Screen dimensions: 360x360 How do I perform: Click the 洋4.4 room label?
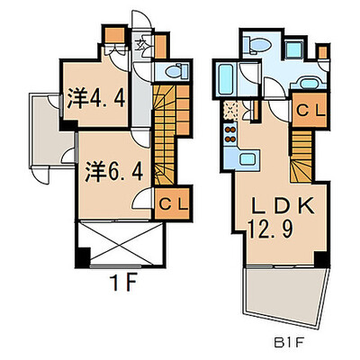point(96,98)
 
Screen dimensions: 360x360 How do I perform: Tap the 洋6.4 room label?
point(113,172)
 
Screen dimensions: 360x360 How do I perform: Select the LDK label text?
point(283,205)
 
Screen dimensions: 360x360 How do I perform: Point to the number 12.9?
point(270,229)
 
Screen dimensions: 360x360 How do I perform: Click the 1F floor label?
point(123,283)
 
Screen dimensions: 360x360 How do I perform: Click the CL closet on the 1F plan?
point(173,204)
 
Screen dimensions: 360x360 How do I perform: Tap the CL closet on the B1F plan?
point(310,110)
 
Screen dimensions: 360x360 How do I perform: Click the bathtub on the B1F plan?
point(225,79)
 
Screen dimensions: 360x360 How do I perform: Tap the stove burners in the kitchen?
point(230,134)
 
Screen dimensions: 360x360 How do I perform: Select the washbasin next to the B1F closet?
point(309,83)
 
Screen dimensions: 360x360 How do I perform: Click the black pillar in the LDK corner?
point(321,259)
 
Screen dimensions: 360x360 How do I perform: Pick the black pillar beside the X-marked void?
point(83,257)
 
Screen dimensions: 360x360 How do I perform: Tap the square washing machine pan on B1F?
point(293,49)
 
